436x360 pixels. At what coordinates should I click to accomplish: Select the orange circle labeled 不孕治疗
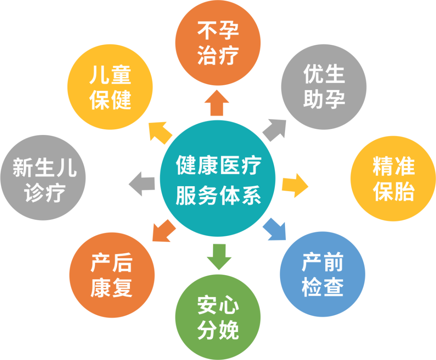[x=218, y=42]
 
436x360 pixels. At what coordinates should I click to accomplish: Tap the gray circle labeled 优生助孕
[x=323, y=87]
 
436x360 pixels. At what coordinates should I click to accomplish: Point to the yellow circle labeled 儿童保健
[x=110, y=87]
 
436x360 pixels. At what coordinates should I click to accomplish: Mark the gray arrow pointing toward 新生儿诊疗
[x=142, y=184]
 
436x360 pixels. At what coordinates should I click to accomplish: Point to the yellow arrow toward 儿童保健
[x=160, y=132]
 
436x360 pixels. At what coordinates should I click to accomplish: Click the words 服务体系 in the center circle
[x=218, y=196]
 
